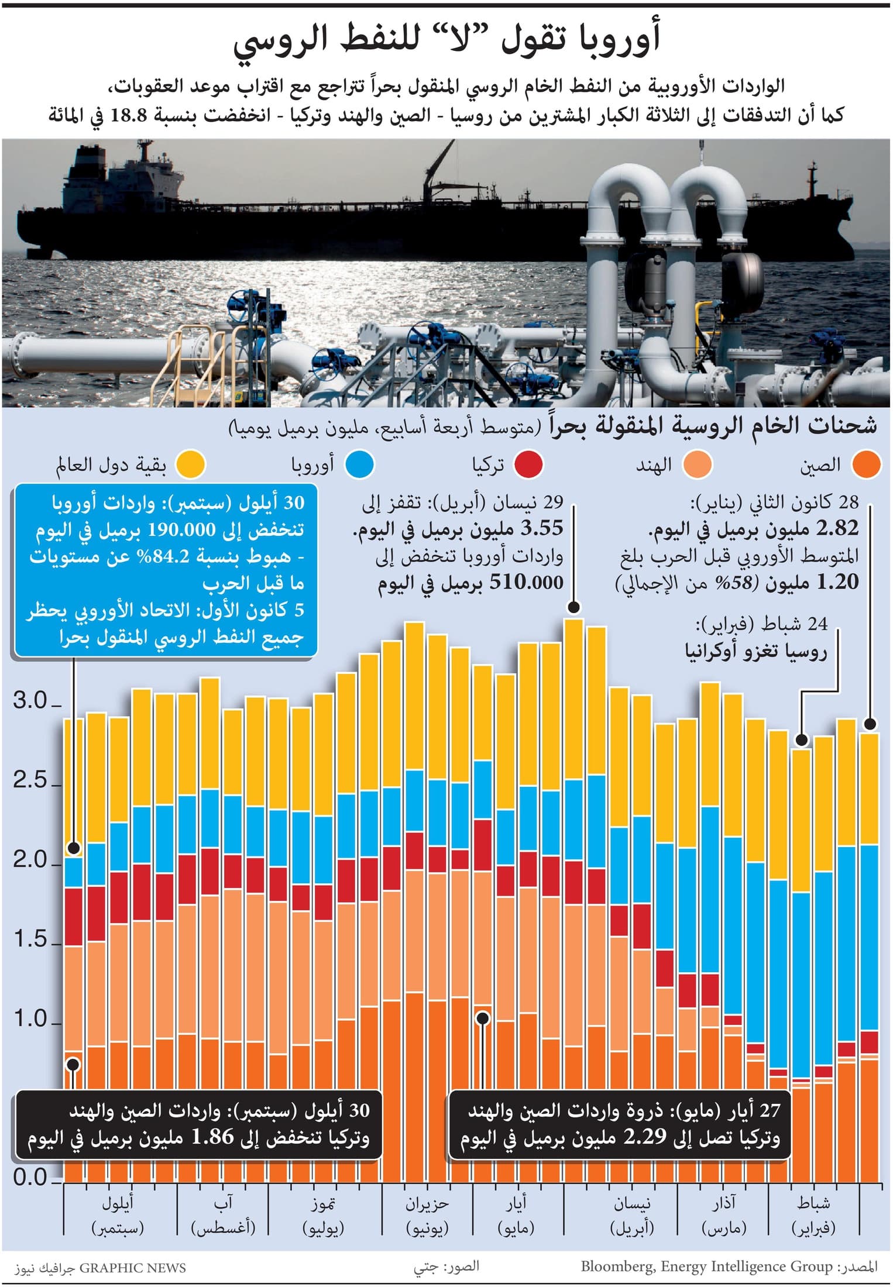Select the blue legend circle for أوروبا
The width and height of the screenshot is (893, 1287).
359,466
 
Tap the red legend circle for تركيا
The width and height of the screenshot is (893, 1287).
528,466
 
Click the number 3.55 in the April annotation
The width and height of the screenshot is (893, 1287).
541,529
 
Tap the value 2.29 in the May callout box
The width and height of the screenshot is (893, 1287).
644,1137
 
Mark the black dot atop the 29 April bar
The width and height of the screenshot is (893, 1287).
574,608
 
